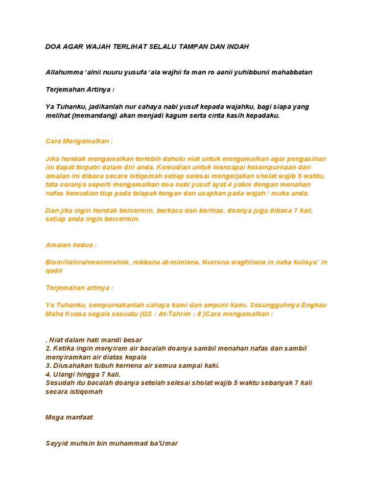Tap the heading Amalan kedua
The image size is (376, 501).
point(71,245)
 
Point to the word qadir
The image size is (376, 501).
point(54,271)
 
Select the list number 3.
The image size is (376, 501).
point(48,365)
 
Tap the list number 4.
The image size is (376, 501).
point(48,374)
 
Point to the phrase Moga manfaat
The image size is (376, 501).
point(69,417)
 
